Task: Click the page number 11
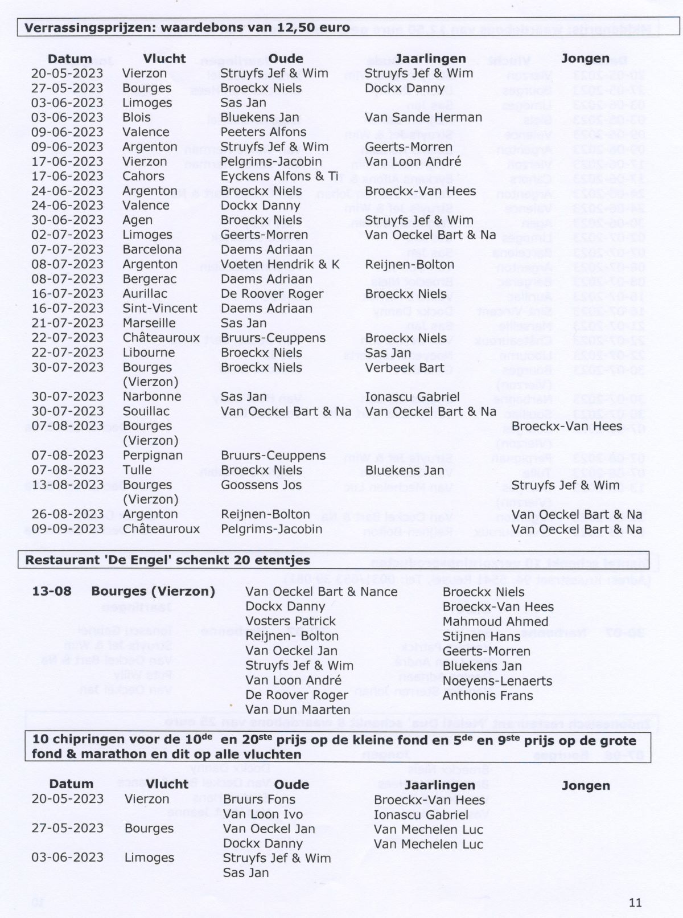click(x=635, y=902)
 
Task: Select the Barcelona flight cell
click(x=152, y=249)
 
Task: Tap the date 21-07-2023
click(x=67, y=323)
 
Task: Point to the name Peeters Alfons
click(x=263, y=132)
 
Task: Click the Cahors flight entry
click(x=143, y=176)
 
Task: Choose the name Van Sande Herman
click(x=423, y=117)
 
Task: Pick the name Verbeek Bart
click(x=404, y=367)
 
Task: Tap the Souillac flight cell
click(x=146, y=411)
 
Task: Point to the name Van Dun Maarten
click(x=298, y=710)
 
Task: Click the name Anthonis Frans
click(x=488, y=695)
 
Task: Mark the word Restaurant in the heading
click(x=56, y=560)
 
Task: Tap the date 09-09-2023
click(x=67, y=528)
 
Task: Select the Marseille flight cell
click(x=149, y=323)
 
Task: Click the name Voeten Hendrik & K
click(x=279, y=264)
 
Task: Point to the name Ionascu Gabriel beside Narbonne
click(x=412, y=396)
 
